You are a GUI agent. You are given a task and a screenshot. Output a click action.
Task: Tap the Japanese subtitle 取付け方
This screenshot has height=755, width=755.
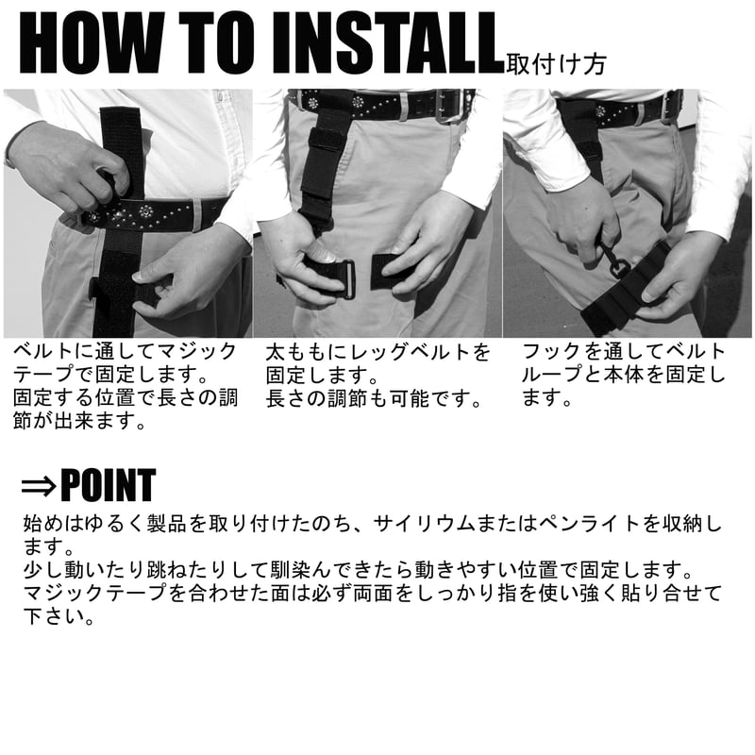555,64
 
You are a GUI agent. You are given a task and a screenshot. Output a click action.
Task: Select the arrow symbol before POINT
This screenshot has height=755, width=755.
38,486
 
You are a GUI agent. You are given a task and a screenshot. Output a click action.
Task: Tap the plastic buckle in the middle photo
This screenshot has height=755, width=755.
345,278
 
